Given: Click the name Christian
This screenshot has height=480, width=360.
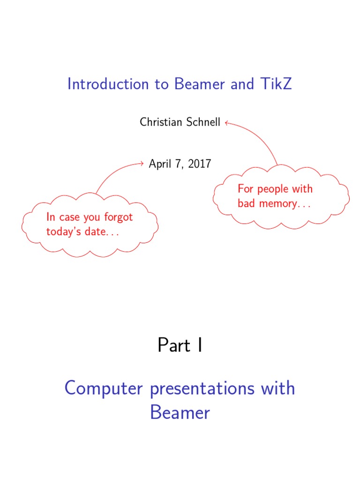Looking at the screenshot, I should (x=159, y=123).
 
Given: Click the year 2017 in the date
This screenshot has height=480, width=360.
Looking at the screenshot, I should (x=201, y=164).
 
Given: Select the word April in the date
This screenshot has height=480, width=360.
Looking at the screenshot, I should (x=160, y=164).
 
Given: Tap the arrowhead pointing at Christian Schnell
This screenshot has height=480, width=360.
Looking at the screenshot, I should (x=226, y=123).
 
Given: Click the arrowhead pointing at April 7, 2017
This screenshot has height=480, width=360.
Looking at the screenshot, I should (x=142, y=164).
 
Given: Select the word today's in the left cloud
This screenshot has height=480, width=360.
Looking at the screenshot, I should (x=63, y=232).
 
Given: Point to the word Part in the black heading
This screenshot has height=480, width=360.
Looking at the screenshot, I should (x=174, y=346).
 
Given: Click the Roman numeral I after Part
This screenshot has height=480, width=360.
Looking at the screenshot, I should (x=200, y=346).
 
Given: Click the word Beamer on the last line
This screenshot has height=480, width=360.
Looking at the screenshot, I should (x=180, y=413).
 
